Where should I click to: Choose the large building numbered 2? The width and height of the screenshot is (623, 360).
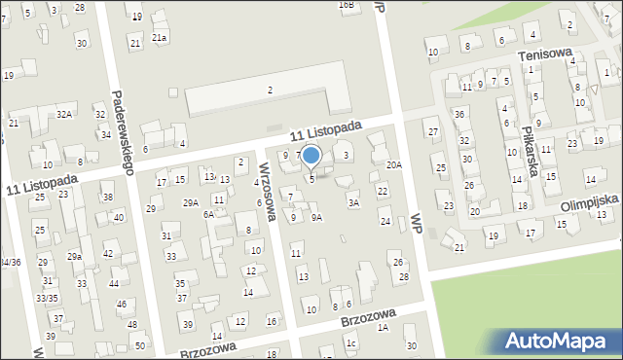click(x=270, y=90)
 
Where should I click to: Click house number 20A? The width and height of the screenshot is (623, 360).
click(x=393, y=165)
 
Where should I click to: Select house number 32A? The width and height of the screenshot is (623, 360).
click(x=64, y=115)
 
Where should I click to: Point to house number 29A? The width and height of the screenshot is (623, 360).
click(x=191, y=202)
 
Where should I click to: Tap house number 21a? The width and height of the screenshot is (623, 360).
click(x=160, y=37)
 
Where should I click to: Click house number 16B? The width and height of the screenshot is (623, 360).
click(x=347, y=5)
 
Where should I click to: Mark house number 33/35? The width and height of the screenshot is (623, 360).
click(x=47, y=298)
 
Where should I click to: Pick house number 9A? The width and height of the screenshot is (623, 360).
click(x=316, y=218)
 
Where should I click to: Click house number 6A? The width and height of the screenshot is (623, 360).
click(x=208, y=214)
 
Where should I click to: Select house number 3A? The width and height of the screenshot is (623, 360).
click(x=355, y=202)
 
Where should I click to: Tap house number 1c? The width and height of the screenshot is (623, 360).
click(x=351, y=343)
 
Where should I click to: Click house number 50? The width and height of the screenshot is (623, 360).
click(x=140, y=345)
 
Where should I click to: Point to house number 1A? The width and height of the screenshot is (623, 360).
click(x=384, y=328)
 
